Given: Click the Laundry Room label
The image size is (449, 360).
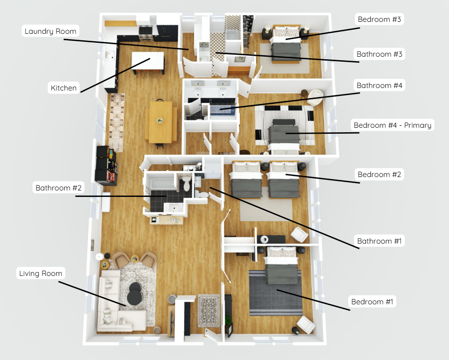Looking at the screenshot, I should (51, 31).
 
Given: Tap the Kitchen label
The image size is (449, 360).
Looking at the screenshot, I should (64, 88).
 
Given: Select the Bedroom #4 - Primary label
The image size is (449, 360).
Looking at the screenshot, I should (392, 125).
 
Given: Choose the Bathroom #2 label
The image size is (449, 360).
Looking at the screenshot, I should (59, 188).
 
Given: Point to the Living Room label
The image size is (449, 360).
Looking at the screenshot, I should (41, 273).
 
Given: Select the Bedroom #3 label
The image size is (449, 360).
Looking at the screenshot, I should (380, 20).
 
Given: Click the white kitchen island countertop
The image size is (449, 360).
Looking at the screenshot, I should (148, 61).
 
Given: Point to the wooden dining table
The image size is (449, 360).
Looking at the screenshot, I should (160, 121).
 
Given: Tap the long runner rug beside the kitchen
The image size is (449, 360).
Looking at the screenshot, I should (117, 122).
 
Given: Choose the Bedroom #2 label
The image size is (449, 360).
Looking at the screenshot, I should (380, 175).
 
